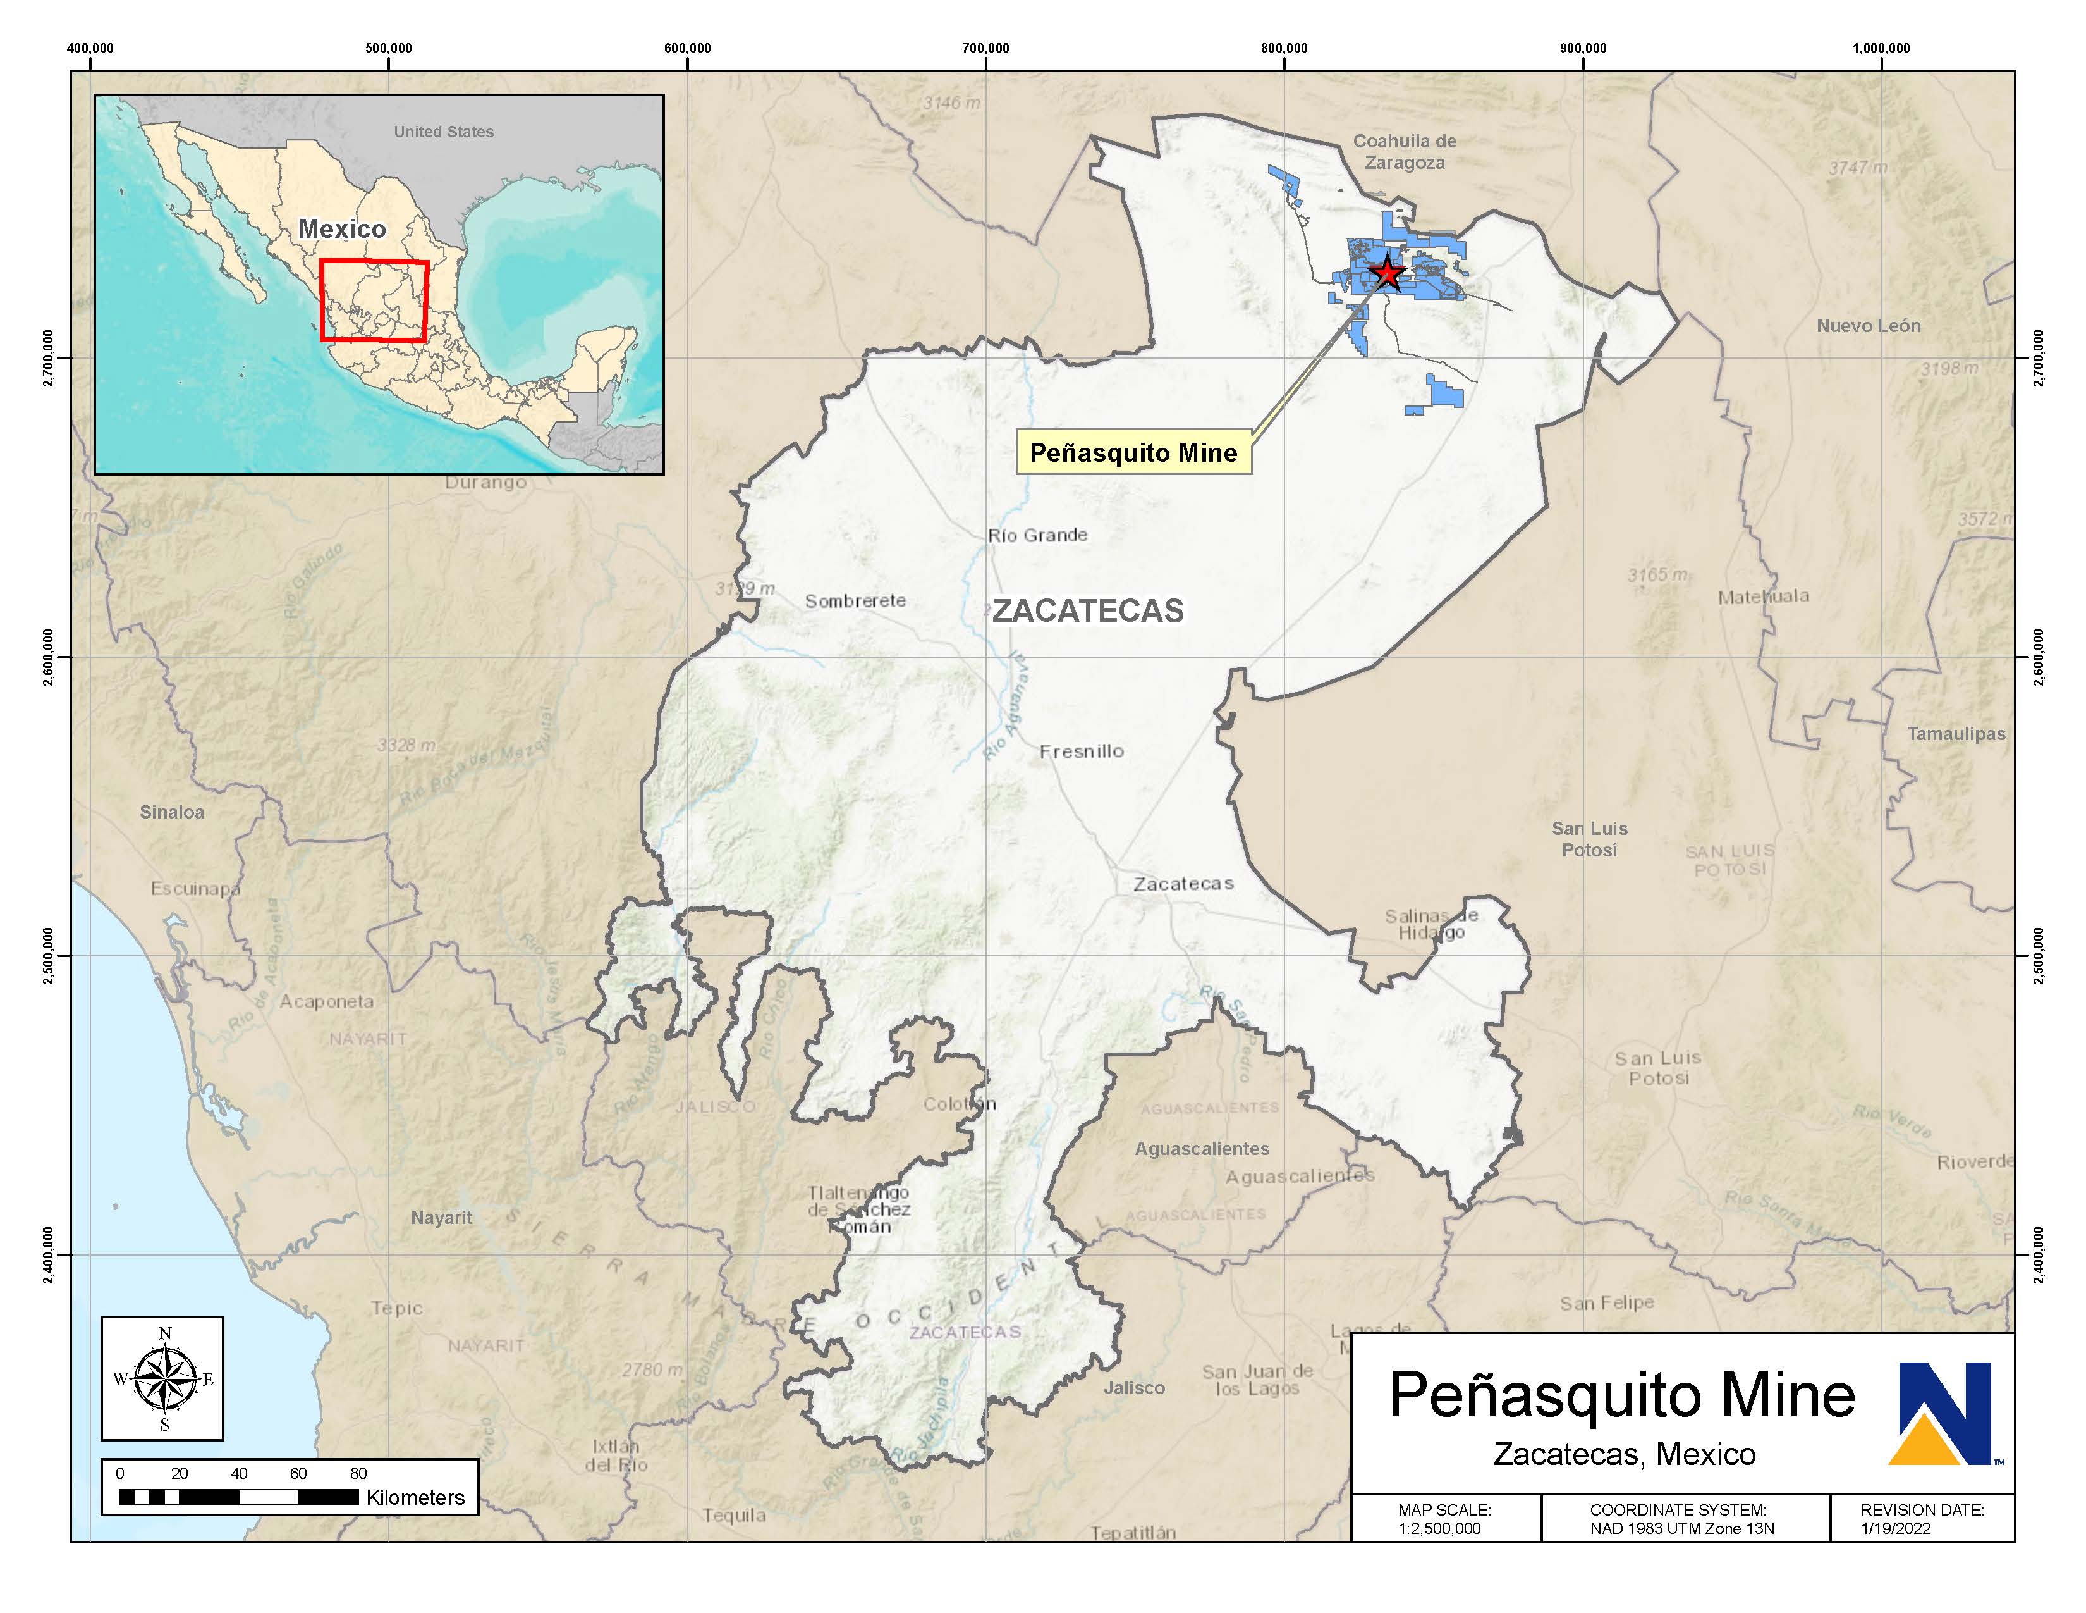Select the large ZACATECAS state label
(x=1088, y=610)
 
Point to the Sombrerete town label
(x=855, y=601)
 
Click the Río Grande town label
(x=1037, y=535)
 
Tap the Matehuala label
(x=1763, y=596)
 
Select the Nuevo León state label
(x=1868, y=326)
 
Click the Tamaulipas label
(x=1956, y=734)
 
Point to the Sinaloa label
(x=172, y=812)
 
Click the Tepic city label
(x=396, y=1308)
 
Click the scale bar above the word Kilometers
(x=239, y=1497)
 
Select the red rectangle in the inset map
(x=374, y=300)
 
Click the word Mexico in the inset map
(x=342, y=230)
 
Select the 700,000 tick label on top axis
(x=985, y=48)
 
